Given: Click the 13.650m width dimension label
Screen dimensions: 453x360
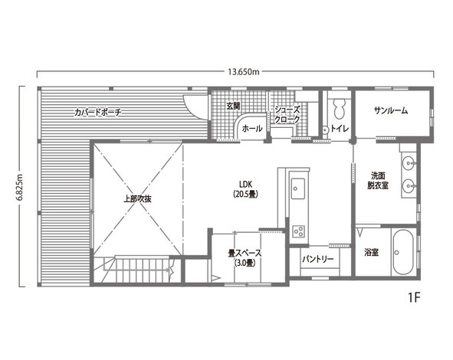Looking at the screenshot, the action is [x=243, y=72].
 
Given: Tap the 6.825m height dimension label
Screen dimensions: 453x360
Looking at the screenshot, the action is [x=20, y=187].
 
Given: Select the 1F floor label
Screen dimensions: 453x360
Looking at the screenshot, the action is [x=414, y=298].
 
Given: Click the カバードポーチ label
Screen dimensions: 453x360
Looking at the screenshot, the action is [x=97, y=113].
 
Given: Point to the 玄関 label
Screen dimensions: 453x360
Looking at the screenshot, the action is [x=233, y=106].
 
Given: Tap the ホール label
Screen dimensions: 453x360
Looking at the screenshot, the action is [x=252, y=129].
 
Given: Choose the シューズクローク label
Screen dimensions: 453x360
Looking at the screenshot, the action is [x=287, y=115].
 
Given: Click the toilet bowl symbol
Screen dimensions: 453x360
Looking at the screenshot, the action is [x=340, y=109].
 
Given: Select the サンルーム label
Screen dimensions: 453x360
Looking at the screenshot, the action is [x=391, y=110].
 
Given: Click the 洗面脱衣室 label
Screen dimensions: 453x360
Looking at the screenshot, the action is [x=378, y=181].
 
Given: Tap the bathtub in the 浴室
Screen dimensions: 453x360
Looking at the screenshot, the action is [x=403, y=252].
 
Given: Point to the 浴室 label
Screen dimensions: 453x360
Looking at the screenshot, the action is [x=371, y=253].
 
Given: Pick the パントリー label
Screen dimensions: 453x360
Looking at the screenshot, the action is [x=318, y=259].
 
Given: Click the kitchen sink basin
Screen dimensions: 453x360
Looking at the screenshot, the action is [x=298, y=188].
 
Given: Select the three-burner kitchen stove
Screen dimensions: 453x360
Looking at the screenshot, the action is [x=299, y=231].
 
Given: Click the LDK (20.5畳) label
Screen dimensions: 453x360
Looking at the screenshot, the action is [x=245, y=189].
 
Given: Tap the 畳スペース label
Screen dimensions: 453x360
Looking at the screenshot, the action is [x=245, y=254].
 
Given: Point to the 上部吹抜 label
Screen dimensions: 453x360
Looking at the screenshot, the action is [x=137, y=199].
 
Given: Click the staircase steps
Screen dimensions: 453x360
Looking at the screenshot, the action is [x=142, y=268].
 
